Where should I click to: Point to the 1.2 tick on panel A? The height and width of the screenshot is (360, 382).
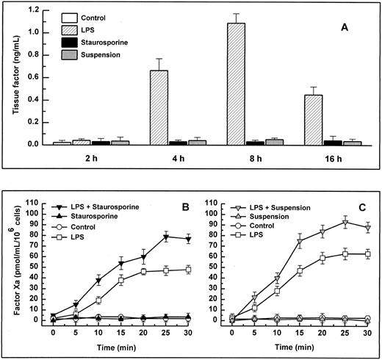coord(33,11)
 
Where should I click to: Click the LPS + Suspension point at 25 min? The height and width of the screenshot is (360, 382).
coord(345,221)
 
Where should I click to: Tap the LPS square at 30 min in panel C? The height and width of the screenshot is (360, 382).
coord(367,253)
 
